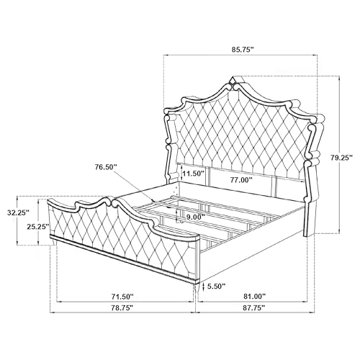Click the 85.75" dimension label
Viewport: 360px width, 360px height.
[x=243, y=50]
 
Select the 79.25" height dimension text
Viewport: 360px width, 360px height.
[x=341, y=158]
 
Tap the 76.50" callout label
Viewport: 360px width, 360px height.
[x=106, y=167]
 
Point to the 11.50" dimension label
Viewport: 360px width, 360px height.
[x=193, y=174]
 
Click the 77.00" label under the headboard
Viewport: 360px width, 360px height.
[x=241, y=179]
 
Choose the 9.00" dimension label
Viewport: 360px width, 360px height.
[x=196, y=217]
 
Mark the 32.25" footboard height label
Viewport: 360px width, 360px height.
[x=18, y=212]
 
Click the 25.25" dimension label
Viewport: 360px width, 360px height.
[x=38, y=227]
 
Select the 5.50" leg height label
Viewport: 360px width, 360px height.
[x=216, y=286]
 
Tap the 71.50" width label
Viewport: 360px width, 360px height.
[x=122, y=297]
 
